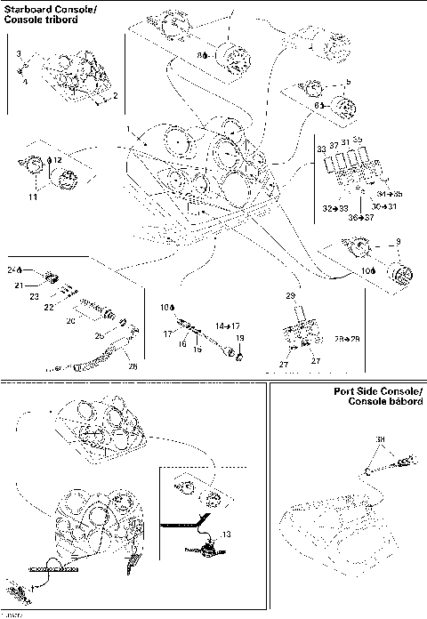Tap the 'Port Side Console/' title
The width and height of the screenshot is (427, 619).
(374, 392)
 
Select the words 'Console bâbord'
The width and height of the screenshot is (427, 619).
(379, 403)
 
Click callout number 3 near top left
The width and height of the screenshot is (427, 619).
(19, 55)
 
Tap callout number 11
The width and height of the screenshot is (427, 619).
(32, 197)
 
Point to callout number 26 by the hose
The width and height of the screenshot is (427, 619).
(133, 364)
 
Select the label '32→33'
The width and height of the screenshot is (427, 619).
(336, 206)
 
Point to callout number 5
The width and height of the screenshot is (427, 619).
(348, 82)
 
